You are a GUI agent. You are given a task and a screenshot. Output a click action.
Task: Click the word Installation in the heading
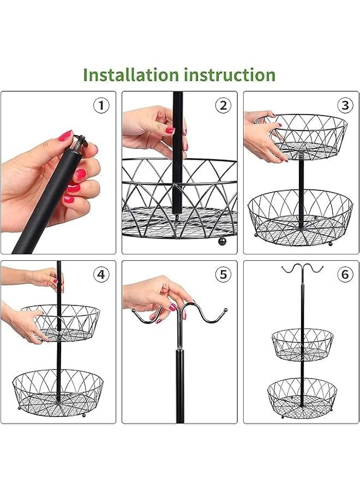click(131, 75)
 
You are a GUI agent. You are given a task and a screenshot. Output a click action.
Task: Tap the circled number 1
click(101, 105)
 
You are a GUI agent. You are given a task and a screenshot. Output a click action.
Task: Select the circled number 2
click(223, 105)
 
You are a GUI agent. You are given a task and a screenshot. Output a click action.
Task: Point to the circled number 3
click(345, 105)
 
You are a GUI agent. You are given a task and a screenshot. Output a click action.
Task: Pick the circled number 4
click(101, 274)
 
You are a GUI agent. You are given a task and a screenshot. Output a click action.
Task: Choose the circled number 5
click(223, 274)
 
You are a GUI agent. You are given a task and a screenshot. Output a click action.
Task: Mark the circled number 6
click(345, 274)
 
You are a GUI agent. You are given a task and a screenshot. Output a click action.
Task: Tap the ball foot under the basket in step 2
click(221, 241)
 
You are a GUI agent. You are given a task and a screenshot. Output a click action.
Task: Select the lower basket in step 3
click(300, 218)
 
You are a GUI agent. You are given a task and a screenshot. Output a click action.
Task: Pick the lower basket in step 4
click(58, 393)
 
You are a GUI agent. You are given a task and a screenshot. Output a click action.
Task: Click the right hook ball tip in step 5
click(225, 310)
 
